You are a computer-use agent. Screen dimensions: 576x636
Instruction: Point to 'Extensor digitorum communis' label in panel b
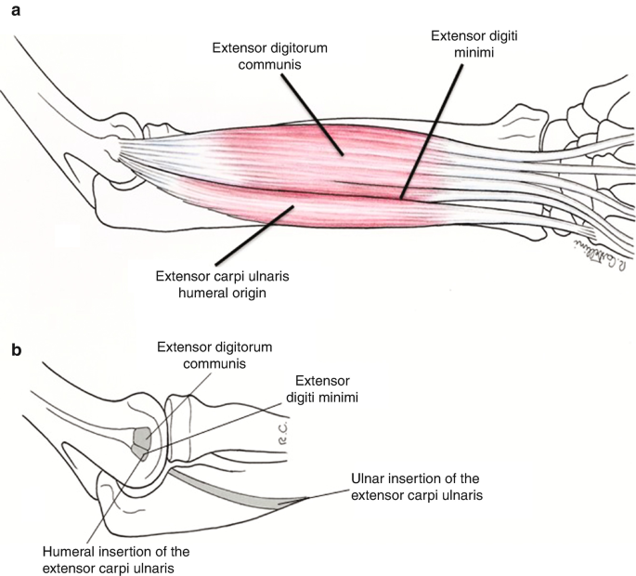[215, 356]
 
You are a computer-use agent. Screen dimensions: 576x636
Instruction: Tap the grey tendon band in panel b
[232, 487]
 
